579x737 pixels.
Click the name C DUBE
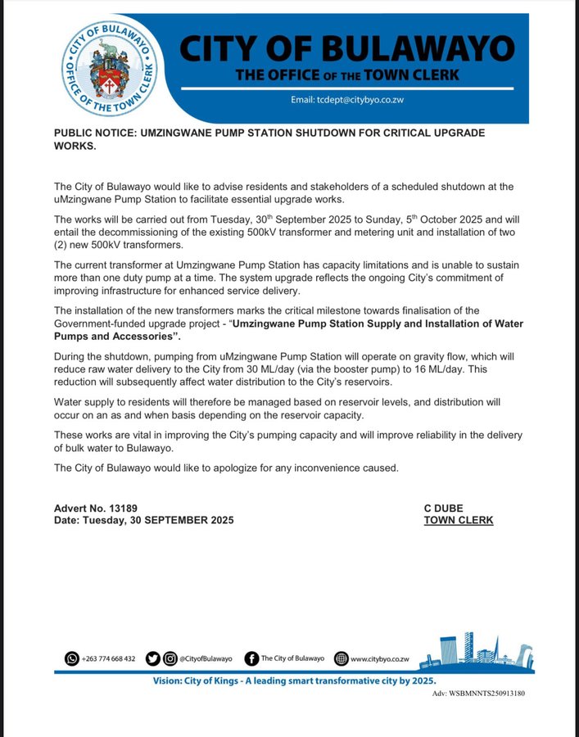(443, 508)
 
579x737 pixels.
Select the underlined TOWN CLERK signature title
(458, 520)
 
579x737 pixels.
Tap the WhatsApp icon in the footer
(72, 658)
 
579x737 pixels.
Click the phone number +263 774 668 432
(109, 658)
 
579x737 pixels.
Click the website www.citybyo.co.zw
(379, 658)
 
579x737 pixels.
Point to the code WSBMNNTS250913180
(489, 694)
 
